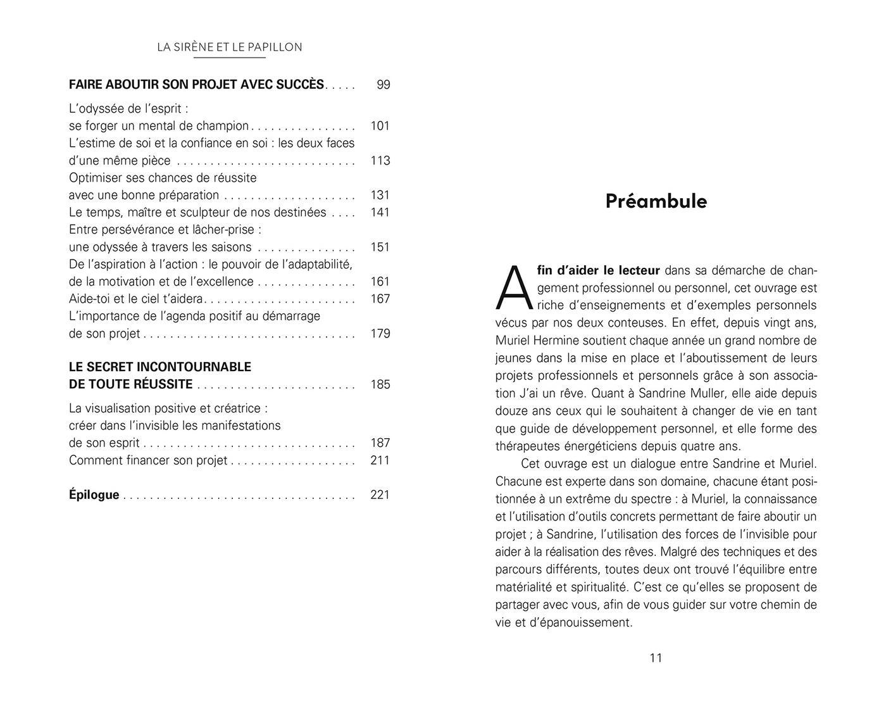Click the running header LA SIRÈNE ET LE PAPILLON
click(229, 47)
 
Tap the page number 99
click(383, 85)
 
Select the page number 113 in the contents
click(380, 161)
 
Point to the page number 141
click(380, 212)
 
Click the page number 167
click(380, 299)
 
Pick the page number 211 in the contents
click(380, 460)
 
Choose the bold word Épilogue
click(94, 495)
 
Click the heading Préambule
click(656, 201)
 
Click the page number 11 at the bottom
click(656, 658)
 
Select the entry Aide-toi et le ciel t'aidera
click(136, 299)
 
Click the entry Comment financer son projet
click(148, 460)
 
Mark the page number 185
click(380, 384)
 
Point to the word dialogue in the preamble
click(651, 464)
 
